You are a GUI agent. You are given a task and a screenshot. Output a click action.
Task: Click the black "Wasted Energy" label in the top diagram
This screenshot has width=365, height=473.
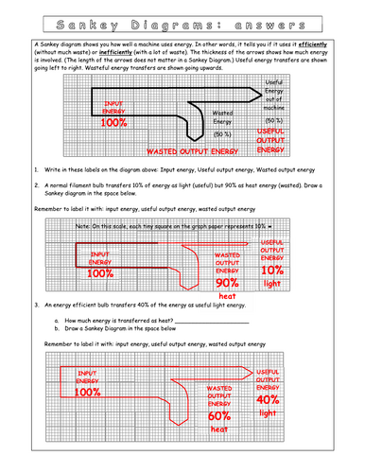222,115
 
